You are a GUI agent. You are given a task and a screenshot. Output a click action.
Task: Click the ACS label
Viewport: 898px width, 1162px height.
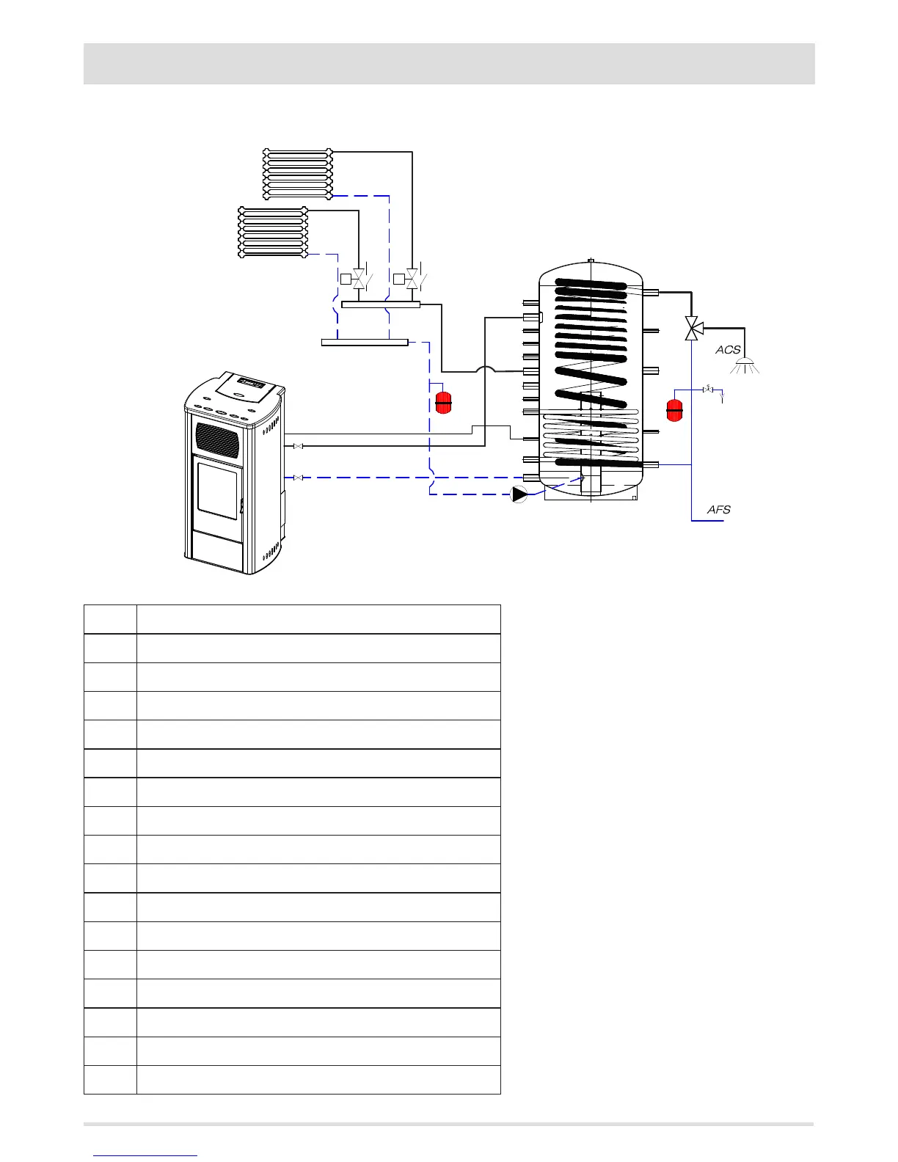[x=728, y=350]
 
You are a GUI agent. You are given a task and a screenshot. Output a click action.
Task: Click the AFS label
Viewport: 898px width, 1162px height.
[x=718, y=509]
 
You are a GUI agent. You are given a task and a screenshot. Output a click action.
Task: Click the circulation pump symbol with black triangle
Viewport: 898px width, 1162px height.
[x=519, y=494]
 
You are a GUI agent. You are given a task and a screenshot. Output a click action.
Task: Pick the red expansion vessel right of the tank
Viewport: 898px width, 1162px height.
[x=674, y=409]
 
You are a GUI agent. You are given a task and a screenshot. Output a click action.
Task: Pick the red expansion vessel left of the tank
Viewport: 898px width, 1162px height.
[x=443, y=403]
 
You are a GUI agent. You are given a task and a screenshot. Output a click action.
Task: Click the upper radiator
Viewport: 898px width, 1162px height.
[x=297, y=173]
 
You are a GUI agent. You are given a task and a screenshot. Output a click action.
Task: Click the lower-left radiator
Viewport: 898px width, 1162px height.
[x=273, y=232]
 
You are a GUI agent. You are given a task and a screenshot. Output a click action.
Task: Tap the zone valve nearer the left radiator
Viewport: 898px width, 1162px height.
[x=359, y=279]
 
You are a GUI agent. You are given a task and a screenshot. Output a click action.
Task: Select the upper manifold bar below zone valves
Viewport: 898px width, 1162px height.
[x=381, y=304]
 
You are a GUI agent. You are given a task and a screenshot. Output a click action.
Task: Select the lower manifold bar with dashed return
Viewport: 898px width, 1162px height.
[x=365, y=342]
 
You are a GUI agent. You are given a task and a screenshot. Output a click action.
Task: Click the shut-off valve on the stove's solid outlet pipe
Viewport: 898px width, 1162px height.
[x=298, y=446]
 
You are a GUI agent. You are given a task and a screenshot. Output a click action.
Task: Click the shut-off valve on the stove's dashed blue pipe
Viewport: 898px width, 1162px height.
[x=298, y=478]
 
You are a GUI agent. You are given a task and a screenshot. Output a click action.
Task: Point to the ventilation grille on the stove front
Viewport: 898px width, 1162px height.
[x=217, y=440]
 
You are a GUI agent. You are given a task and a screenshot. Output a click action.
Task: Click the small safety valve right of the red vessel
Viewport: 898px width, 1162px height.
[x=708, y=389]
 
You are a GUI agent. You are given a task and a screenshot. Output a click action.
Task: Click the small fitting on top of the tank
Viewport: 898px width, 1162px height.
[x=591, y=260]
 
